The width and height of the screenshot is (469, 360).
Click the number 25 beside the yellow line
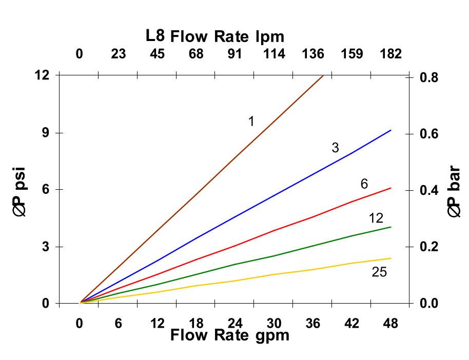[x=379, y=272]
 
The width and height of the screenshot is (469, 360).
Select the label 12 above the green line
[x=376, y=218]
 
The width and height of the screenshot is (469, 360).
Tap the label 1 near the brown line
[x=251, y=121]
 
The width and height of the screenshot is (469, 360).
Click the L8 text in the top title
[x=155, y=36]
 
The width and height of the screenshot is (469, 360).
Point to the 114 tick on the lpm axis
[x=274, y=54]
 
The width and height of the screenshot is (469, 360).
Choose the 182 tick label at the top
[x=390, y=54]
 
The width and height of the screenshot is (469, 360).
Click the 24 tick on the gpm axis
[x=235, y=324]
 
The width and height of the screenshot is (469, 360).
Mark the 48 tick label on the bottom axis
[x=390, y=324]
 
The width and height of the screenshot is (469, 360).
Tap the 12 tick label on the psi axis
[x=42, y=75]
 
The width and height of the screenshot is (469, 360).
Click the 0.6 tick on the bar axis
[x=431, y=134]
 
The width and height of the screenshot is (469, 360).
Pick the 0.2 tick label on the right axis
[x=431, y=247]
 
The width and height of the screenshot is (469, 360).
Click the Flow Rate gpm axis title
[x=229, y=335]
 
